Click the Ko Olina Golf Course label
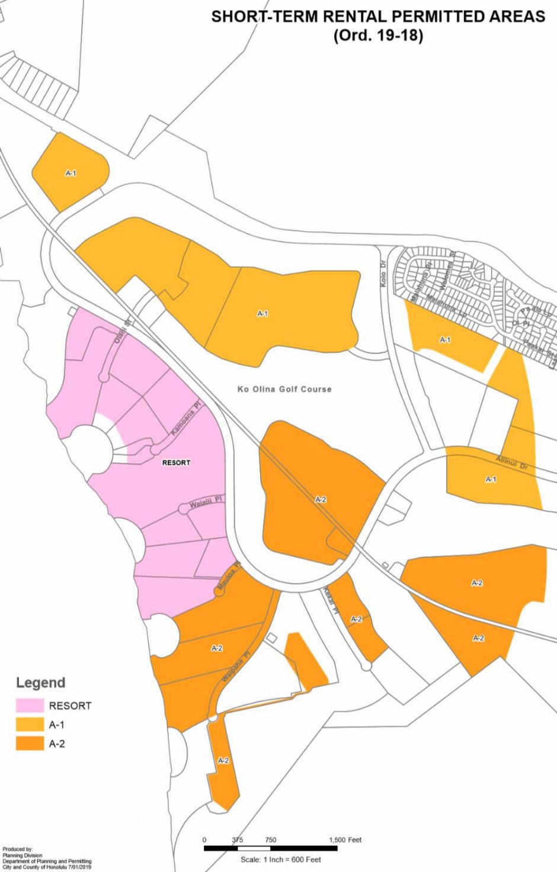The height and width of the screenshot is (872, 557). click(x=284, y=389)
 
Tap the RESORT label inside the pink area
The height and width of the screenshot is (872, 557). click(x=176, y=462)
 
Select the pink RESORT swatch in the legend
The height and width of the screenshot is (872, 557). click(x=30, y=706)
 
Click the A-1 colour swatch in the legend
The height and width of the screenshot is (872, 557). click(x=30, y=724)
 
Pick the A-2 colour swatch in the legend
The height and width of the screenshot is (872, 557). click(x=30, y=743)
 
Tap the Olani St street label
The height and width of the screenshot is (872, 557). click(x=122, y=332)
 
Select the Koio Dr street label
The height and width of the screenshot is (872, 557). click(x=383, y=274)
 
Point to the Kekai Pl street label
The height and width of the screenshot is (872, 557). click(x=330, y=600)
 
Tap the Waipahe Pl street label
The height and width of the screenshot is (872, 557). click(x=236, y=666)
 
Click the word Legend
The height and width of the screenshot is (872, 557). click(x=40, y=682)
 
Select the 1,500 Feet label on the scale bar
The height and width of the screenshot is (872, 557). click(x=345, y=840)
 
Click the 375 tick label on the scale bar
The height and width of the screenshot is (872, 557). click(x=237, y=840)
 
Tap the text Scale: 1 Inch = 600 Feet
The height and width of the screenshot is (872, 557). click(x=281, y=860)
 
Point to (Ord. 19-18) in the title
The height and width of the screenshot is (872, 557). click(x=378, y=36)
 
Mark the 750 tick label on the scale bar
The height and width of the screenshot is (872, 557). click(x=270, y=840)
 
